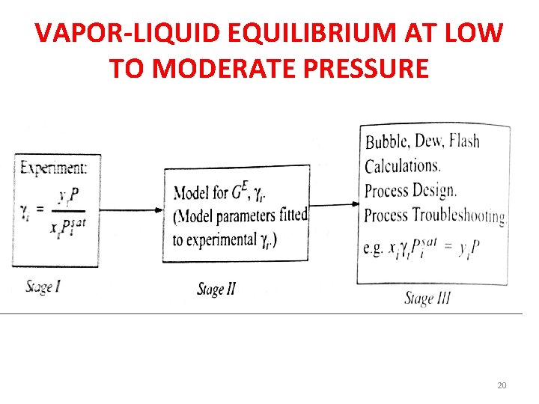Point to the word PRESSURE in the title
click(x=370, y=68)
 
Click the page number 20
click(x=502, y=385)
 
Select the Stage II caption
click(x=216, y=289)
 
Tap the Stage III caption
click(x=427, y=299)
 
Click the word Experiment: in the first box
click(x=54, y=168)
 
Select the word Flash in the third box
click(x=464, y=140)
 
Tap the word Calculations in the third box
click(x=402, y=165)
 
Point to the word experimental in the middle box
click(x=214, y=239)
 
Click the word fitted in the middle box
click(x=293, y=215)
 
